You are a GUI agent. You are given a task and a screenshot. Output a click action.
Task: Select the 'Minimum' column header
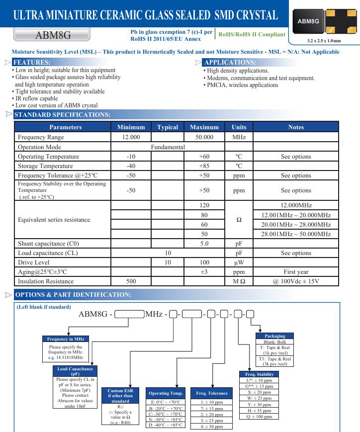[x=131, y=127]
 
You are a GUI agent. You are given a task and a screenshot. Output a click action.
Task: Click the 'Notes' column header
[x=296, y=127]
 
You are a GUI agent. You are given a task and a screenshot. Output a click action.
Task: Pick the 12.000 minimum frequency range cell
[x=131, y=137]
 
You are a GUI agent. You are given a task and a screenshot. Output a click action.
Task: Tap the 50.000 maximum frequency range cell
[x=204, y=137]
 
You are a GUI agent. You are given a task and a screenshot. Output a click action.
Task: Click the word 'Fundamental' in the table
[x=168, y=147]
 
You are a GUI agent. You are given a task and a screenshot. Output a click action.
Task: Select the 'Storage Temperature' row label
[x=45, y=166]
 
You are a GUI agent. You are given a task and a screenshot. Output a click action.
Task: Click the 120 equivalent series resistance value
[x=204, y=205]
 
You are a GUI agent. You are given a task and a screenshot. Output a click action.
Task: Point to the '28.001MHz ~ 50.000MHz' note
[x=296, y=234]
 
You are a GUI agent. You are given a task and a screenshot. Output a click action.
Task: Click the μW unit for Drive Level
[x=239, y=262]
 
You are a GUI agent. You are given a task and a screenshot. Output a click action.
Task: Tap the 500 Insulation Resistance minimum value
[x=131, y=281]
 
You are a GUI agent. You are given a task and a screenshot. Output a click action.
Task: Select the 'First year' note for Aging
[x=296, y=272]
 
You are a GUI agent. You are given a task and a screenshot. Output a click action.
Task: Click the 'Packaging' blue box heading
[x=275, y=337]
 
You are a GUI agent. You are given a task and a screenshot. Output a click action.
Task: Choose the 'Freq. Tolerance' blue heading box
[x=214, y=393]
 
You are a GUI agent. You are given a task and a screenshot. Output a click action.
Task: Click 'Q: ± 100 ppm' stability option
[x=259, y=417]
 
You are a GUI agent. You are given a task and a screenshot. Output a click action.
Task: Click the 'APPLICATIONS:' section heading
[x=230, y=63]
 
